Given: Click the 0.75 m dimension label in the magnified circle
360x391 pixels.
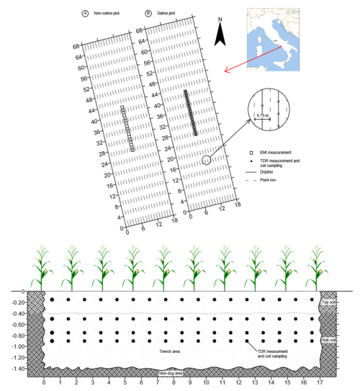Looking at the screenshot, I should click(x=263, y=114).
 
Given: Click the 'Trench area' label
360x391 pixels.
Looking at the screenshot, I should click(x=168, y=351).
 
